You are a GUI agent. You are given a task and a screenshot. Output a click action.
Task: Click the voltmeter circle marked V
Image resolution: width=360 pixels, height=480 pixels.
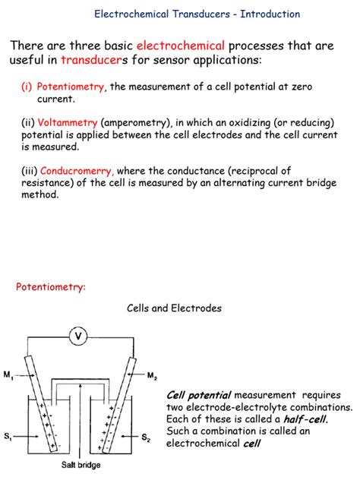[78, 336]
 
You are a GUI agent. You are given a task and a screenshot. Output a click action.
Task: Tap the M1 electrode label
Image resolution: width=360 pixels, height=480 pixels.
[8, 374]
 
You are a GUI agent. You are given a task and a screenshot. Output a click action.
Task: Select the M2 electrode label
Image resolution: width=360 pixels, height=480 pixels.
[152, 375]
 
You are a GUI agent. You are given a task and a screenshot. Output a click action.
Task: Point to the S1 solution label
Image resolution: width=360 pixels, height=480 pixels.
[8, 436]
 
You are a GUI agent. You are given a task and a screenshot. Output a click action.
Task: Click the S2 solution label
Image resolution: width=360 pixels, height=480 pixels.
[146, 437]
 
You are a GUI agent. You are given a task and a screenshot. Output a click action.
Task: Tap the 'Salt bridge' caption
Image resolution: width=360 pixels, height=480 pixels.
[81, 465]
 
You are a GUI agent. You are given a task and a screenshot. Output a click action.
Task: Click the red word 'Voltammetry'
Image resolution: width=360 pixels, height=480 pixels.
[68, 123]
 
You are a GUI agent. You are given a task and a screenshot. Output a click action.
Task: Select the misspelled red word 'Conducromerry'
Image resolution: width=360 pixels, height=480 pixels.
[77, 171]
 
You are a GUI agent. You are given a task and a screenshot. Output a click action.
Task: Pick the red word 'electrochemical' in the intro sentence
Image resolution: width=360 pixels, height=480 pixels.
[181, 46]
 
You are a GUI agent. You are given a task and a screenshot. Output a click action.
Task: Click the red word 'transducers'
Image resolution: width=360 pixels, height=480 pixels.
[91, 60]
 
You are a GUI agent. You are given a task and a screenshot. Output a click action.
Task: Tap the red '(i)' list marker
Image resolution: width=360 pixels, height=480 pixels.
[27, 87]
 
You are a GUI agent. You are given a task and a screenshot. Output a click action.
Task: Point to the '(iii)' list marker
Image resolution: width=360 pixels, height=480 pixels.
[30, 171]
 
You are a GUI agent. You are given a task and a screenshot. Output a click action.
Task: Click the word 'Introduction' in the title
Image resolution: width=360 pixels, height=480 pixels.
[270, 14]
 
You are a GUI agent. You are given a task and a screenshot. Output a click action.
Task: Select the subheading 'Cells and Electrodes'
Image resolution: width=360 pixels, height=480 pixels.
[174, 308]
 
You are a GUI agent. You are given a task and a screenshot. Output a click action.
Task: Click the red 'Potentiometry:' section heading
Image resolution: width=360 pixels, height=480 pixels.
[51, 287]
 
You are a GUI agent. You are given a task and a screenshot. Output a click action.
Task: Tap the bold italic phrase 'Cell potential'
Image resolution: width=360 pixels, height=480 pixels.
[199, 395]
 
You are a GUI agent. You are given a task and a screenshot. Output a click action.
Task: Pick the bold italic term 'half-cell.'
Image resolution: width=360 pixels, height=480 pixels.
[306, 418]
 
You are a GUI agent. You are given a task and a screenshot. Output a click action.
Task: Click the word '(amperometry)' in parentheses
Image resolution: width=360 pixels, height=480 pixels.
[137, 123]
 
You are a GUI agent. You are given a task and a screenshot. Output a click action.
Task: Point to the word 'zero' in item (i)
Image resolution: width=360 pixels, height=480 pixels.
[302, 87]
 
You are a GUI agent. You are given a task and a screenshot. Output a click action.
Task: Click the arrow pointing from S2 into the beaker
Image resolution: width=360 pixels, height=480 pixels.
[130, 437]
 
